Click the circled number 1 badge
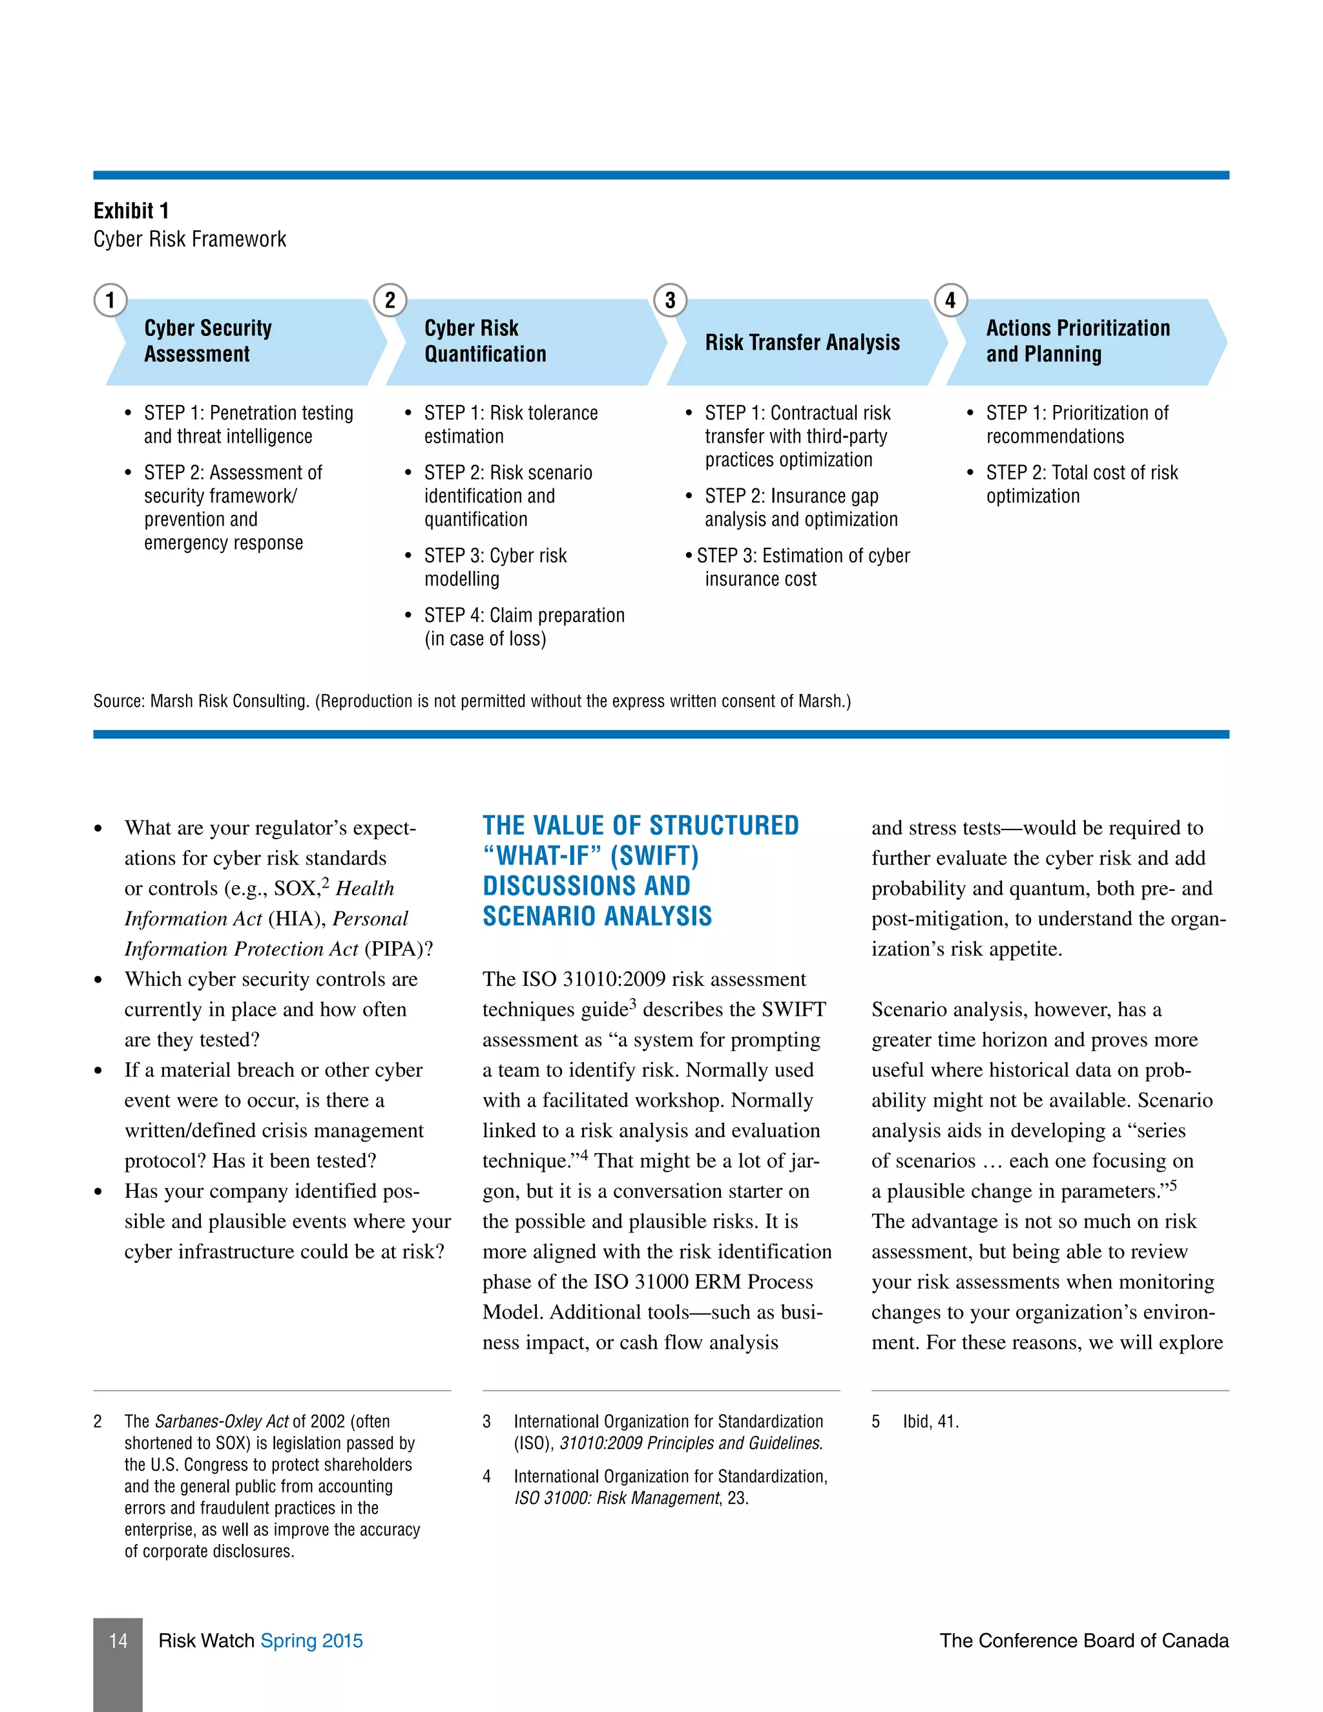click(x=110, y=300)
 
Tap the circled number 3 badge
click(x=670, y=300)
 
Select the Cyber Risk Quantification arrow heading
click(x=485, y=341)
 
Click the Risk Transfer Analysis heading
click(x=802, y=342)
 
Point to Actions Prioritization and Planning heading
click(x=1078, y=341)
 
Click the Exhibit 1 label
click(x=131, y=211)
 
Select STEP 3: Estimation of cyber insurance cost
click(x=802, y=567)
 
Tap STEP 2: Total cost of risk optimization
click(x=1081, y=484)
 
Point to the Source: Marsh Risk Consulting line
click(x=472, y=701)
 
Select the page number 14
click(x=118, y=1641)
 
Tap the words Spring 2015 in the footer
click(x=312, y=1641)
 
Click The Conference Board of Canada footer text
click(x=1084, y=1641)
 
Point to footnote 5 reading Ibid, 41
click(x=930, y=1421)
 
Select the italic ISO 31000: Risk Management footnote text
click(x=617, y=1498)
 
